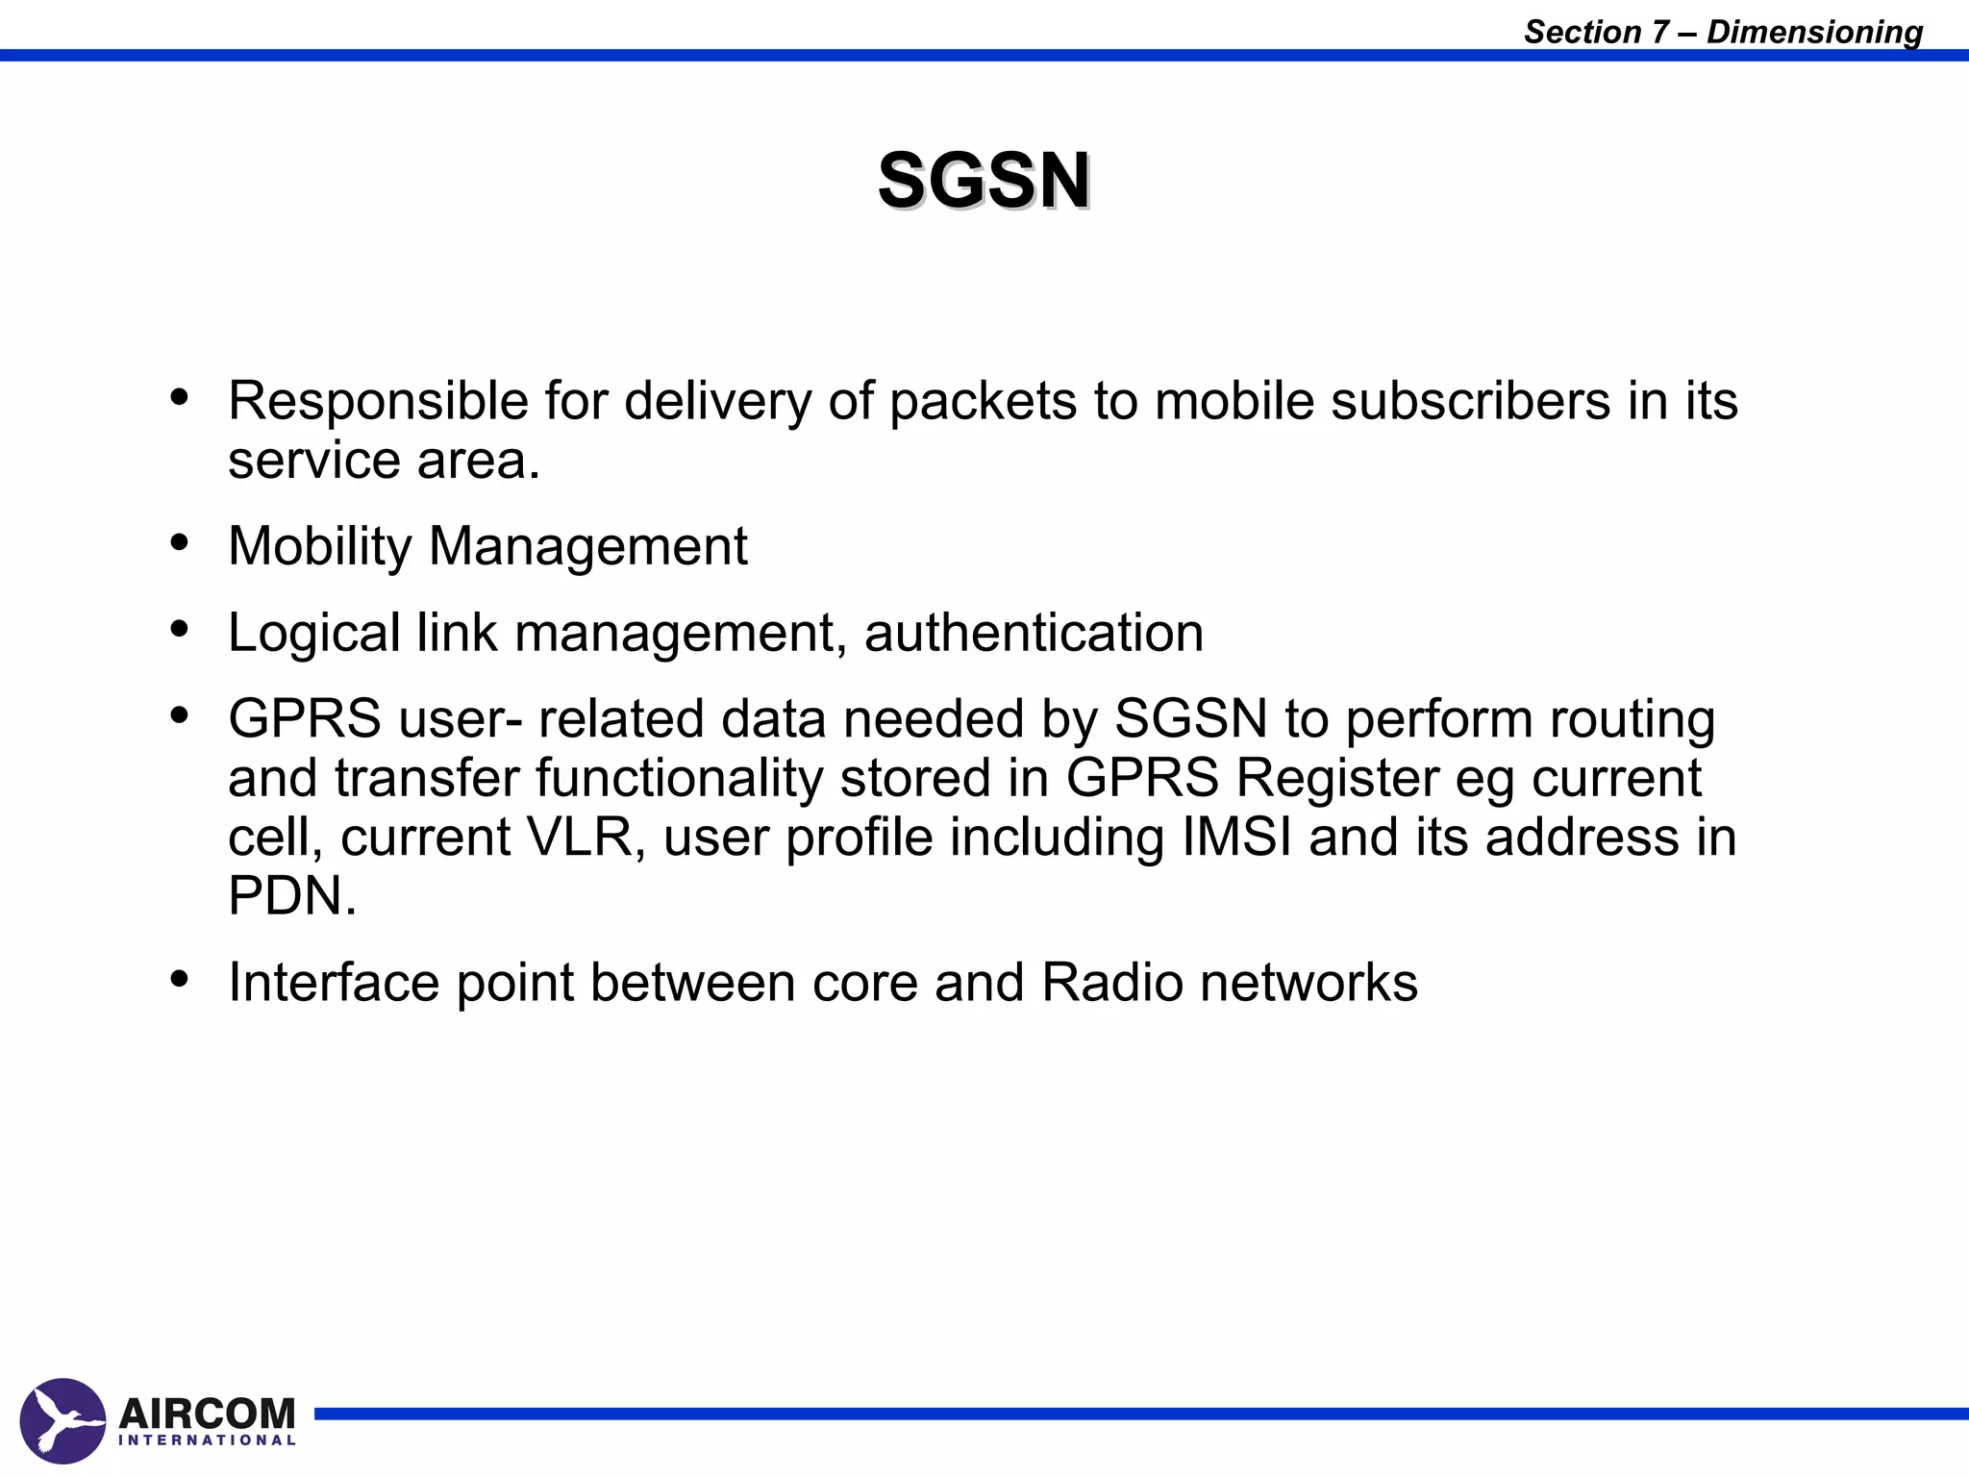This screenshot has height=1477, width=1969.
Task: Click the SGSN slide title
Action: coord(984,180)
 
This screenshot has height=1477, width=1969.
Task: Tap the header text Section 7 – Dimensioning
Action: coord(1723,32)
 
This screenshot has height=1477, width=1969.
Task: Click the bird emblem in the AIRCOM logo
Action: coord(62,1420)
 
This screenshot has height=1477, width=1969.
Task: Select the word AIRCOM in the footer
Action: coord(207,1413)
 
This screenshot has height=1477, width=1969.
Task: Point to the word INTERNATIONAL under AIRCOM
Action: coord(207,1440)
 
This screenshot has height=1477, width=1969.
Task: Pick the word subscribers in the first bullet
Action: coord(1470,400)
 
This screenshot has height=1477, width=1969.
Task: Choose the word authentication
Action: coord(1034,633)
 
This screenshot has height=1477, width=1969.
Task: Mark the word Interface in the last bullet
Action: coord(333,983)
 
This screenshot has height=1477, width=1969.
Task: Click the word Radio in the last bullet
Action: coord(1111,983)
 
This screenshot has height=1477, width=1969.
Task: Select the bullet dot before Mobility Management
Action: coord(180,543)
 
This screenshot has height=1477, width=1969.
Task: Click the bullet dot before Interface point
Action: coord(180,979)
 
